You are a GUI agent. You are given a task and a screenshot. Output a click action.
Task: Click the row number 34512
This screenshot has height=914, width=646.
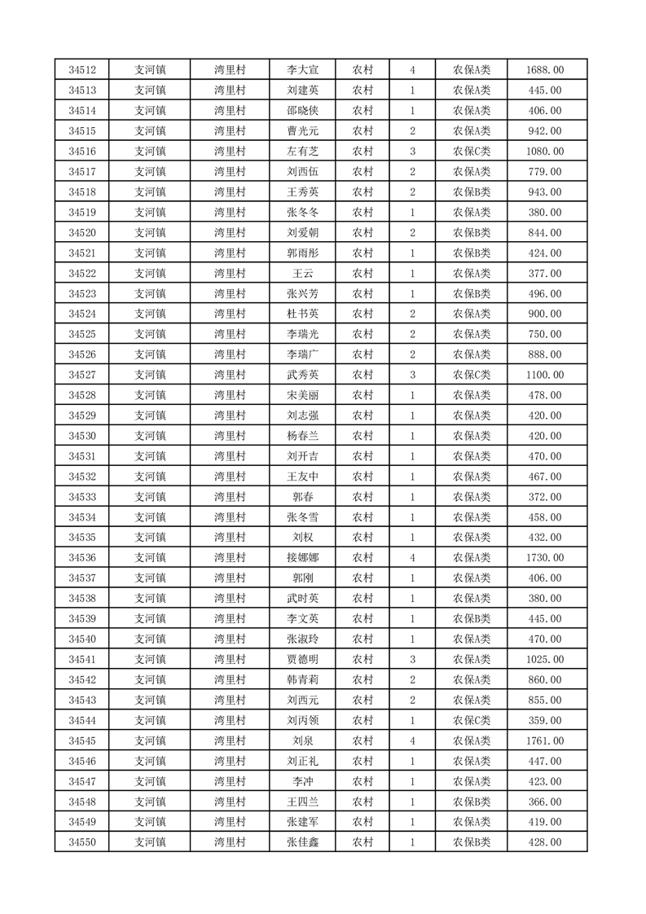[82, 70]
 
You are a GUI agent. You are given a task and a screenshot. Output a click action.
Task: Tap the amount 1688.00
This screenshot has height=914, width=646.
[546, 70]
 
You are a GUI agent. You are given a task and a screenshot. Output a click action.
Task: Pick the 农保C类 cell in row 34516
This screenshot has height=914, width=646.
[472, 152]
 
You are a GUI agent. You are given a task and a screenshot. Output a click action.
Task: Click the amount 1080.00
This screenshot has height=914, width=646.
[546, 152]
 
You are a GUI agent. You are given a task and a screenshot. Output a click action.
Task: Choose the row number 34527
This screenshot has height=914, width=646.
[82, 375]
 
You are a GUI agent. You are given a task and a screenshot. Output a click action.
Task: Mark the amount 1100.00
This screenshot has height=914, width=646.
[546, 375]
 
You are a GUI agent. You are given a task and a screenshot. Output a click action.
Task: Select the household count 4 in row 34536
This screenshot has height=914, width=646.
[413, 558]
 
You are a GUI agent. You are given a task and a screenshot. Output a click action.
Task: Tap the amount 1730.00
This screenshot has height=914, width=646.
[546, 558]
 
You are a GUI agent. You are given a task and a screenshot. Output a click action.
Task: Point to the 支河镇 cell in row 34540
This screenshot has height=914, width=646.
[150, 639]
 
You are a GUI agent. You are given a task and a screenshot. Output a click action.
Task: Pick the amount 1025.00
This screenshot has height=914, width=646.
[546, 659]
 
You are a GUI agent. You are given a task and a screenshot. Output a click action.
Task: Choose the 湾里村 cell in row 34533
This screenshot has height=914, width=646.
[230, 497]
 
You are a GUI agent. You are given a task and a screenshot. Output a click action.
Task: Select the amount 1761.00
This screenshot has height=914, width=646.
[546, 740]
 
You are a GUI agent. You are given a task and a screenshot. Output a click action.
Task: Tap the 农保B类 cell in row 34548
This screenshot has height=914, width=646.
[472, 802]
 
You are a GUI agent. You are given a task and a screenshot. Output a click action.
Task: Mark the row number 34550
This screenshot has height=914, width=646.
[82, 842]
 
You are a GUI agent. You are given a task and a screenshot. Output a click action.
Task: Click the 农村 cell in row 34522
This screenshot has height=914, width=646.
[363, 274]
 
